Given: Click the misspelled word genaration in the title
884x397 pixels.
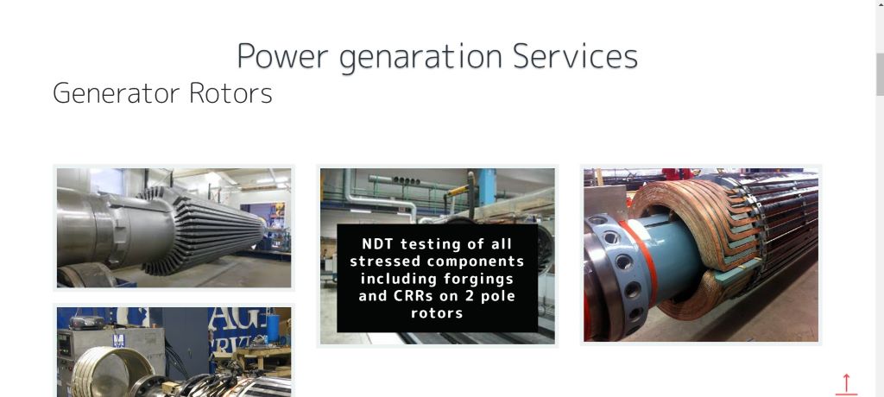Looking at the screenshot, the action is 420,58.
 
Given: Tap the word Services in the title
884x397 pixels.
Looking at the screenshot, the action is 575,56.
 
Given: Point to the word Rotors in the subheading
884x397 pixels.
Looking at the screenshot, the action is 230,93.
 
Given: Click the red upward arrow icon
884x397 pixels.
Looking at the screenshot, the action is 846,384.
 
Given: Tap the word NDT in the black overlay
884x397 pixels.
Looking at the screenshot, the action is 378,244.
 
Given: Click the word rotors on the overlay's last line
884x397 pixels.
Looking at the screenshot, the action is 437,313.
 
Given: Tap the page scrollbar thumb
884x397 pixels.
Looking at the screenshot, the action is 879,74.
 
